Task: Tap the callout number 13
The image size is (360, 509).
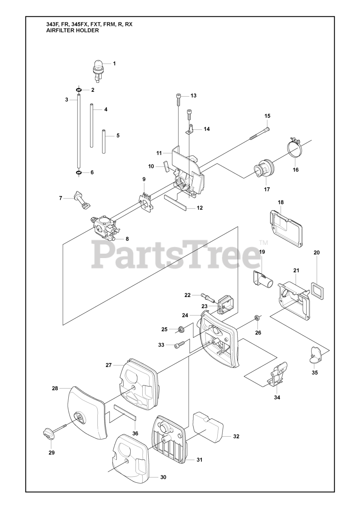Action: pos(194,95)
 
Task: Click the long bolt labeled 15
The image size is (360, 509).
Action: pos(259,133)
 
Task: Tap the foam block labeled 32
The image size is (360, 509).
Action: pos(209,428)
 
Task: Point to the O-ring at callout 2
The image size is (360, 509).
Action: pos(79,90)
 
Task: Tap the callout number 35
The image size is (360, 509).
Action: pos(315,373)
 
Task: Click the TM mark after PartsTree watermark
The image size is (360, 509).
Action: pos(263,243)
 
